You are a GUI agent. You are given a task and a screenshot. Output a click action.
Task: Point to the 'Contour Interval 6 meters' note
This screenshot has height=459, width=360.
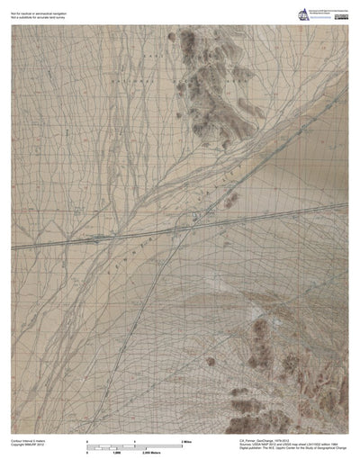coord(28,440)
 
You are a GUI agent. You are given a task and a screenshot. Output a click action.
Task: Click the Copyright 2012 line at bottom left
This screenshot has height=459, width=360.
coord(26,445)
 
